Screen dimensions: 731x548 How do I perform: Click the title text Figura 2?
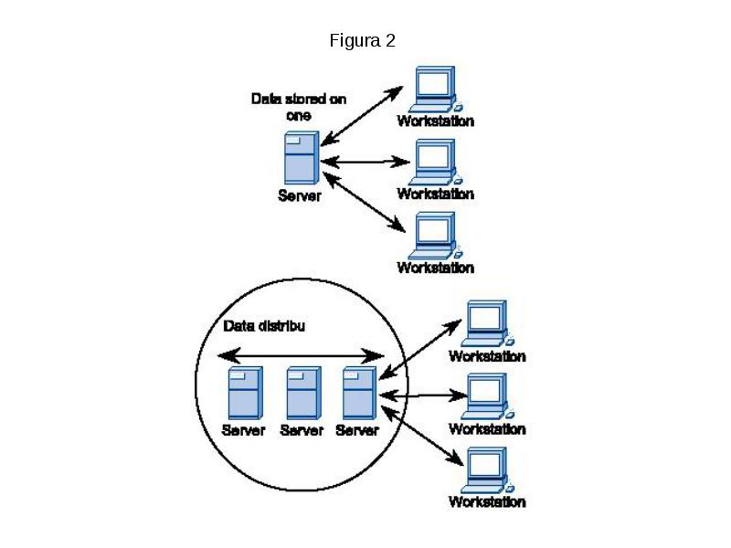[362, 40]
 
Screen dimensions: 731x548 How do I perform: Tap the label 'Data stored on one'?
[299, 107]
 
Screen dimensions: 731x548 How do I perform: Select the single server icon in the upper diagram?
[302, 157]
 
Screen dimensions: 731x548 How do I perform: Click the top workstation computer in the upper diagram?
[436, 89]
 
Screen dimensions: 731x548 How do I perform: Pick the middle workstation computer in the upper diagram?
[436, 163]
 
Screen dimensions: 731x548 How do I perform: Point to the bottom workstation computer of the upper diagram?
[436, 236]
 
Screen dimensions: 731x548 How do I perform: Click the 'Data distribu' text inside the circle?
[264, 326]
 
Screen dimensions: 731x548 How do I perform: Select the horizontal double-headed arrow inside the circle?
[302, 356]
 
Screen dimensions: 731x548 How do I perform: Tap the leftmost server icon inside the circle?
[245, 393]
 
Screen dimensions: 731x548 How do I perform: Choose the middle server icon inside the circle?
[303, 393]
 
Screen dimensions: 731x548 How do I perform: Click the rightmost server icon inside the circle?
[359, 393]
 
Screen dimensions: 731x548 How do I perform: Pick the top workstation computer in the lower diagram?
[487, 323]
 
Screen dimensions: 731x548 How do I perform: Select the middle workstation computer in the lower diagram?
[487, 396]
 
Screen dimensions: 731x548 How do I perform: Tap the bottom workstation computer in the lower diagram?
[487, 470]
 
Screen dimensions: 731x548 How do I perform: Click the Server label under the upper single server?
[300, 195]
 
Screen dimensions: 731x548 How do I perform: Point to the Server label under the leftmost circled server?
[243, 429]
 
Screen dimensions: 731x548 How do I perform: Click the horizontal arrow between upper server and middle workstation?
[365, 163]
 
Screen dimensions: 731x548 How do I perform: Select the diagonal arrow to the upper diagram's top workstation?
[362, 116]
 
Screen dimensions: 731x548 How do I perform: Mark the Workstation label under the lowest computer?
[487, 501]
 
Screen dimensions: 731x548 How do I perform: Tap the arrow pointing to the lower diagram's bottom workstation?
[422, 436]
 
